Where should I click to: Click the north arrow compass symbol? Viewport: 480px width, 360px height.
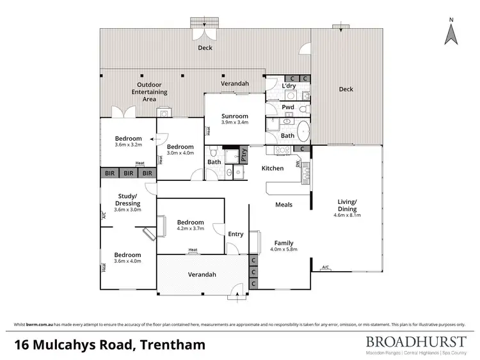point(452,31)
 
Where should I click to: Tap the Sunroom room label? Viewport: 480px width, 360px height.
point(234,116)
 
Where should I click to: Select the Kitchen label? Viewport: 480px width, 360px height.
point(272,168)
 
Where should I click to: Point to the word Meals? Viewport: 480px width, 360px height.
point(284,205)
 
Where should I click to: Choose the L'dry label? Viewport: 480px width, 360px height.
point(288,86)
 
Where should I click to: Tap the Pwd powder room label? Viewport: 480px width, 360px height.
point(288,107)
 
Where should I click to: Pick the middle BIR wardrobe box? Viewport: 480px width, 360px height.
point(129,173)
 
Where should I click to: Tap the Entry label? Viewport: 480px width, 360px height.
point(236,234)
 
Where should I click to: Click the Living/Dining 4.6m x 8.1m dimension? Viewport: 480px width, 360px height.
point(348,215)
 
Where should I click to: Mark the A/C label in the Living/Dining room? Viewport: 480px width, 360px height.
point(325,267)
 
